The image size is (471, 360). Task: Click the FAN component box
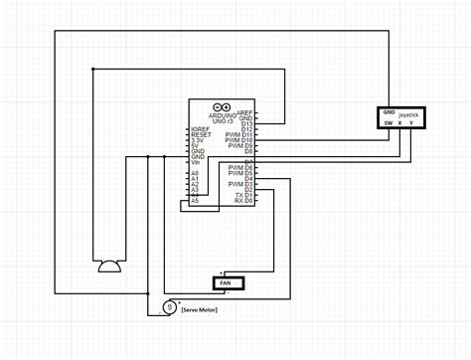coord(228,282)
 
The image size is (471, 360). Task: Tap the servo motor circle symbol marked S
coord(170,307)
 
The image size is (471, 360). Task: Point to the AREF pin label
coord(244,113)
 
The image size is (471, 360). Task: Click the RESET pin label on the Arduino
coord(201,134)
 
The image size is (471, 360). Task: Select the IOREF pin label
coord(201,129)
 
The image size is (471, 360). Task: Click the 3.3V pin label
coord(198,140)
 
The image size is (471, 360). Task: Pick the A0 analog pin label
coord(195,173)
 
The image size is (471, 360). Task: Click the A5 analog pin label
coord(195,202)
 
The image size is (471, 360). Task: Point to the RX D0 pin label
coord(243,202)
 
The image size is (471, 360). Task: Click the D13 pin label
coord(247,123)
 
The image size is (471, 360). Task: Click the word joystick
coord(408,116)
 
